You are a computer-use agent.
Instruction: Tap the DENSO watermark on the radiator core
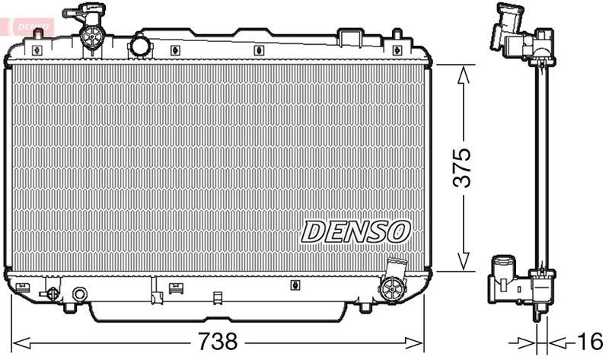[x=356, y=231]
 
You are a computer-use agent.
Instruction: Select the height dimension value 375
[x=462, y=167]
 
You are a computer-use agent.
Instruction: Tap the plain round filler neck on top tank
[x=141, y=46]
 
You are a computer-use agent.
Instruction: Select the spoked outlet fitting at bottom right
[x=393, y=286]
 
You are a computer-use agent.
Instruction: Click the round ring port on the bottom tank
[x=79, y=294]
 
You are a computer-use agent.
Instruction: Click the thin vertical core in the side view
[x=540, y=167]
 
